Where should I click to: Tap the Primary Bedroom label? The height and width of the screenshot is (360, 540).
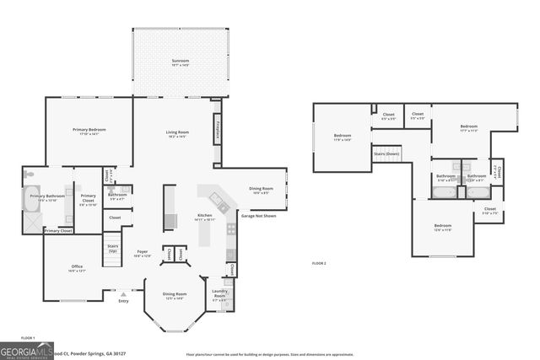pos(89,131)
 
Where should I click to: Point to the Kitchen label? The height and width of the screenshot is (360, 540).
pos(205,217)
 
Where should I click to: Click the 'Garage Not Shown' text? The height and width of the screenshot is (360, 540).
pos(259,216)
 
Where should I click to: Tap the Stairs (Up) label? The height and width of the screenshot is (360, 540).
pos(112,250)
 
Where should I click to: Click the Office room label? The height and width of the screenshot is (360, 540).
pos(77,268)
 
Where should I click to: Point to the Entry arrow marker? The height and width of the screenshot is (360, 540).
pos(123,295)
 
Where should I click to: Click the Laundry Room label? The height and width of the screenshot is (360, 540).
pos(219,295)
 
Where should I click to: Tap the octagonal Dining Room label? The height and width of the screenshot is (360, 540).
pos(175,295)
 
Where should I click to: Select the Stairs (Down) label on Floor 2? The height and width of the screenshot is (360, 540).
pos(387,154)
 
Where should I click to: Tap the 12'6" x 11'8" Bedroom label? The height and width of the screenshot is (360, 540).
pos(443,227)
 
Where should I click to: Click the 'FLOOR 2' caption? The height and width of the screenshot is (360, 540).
pos(319,264)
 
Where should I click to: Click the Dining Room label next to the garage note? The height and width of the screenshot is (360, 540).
pos(261,190)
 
